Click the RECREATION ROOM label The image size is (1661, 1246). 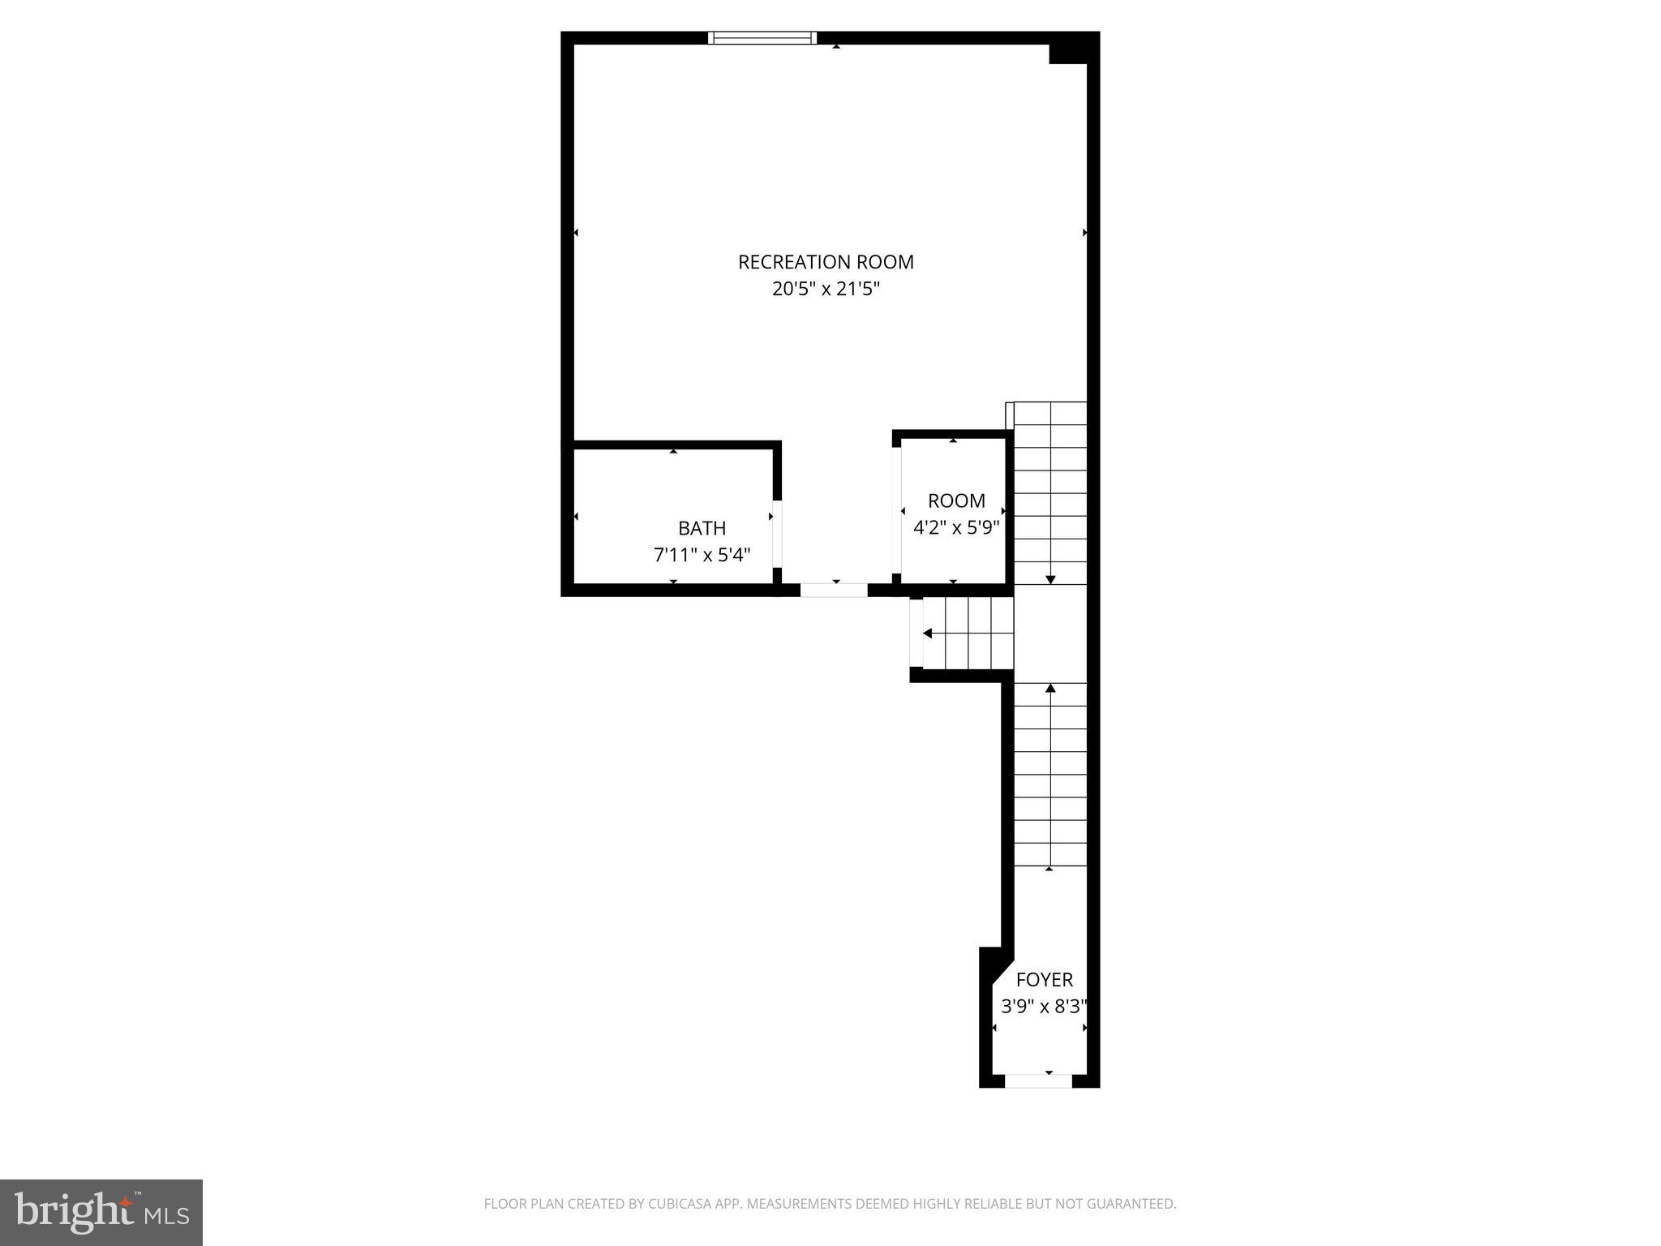tap(826, 262)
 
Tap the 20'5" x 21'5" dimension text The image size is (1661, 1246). tap(826, 290)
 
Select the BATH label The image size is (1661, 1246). tap(702, 528)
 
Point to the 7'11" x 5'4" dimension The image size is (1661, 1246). tap(702, 556)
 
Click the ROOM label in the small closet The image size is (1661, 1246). tap(956, 501)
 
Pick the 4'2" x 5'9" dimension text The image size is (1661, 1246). tap(956, 528)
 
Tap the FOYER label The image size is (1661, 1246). tap(1044, 979)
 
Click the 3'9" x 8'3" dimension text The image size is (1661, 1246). tap(1044, 1007)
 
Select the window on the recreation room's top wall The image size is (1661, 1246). tap(762, 37)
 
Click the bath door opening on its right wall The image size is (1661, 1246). tap(776, 534)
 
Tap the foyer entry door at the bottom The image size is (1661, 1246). tap(1038, 1081)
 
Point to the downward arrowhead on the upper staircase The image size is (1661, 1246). tap(1050, 579)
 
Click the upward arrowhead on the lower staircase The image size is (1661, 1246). tap(1050, 689)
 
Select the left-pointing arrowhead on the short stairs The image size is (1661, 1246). tap(927, 634)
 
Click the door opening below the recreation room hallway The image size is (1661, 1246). tap(834, 591)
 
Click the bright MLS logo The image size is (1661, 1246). tap(101, 1212)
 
